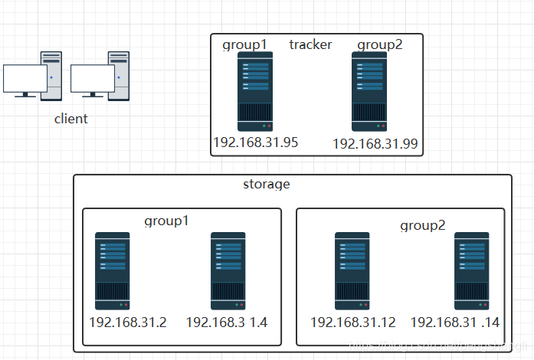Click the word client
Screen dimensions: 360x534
point(71,119)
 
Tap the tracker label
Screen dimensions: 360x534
point(310,44)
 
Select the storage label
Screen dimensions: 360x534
point(267,184)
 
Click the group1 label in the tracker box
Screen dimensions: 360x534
point(244,44)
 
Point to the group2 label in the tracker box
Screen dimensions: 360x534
point(380,44)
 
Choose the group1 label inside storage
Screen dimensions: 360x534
point(166,221)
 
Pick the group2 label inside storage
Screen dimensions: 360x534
point(423,226)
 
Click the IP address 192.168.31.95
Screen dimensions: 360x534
point(255,142)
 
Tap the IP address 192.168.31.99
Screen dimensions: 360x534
point(375,144)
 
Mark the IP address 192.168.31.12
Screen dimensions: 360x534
point(353,322)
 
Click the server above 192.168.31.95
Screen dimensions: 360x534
point(255,92)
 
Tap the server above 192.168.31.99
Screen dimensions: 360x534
point(369,92)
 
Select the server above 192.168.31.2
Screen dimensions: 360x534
point(113,270)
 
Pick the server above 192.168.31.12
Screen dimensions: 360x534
point(352,270)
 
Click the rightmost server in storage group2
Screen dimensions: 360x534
point(471,270)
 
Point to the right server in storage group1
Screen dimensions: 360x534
point(228,270)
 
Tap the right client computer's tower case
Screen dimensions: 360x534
point(119,76)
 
